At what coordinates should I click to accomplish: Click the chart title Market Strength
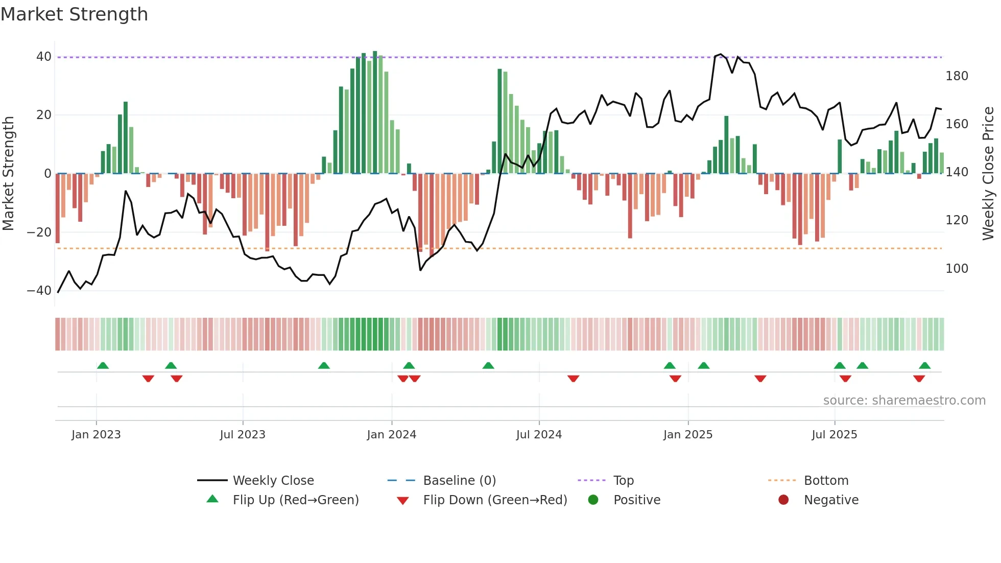point(74,14)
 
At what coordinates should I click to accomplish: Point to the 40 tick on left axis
point(44,57)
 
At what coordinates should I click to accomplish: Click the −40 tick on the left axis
point(39,291)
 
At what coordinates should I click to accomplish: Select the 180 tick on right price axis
point(957,76)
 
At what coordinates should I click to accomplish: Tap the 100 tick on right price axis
point(957,269)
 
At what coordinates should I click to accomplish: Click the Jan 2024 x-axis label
point(391,435)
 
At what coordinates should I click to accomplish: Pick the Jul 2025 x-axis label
point(834,435)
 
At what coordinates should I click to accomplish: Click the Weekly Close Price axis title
point(988,174)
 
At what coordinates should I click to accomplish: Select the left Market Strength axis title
point(8,174)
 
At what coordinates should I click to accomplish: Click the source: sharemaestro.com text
point(904,401)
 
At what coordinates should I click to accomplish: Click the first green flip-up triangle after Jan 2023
point(103,365)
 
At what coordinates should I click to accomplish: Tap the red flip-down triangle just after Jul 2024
point(573,379)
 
